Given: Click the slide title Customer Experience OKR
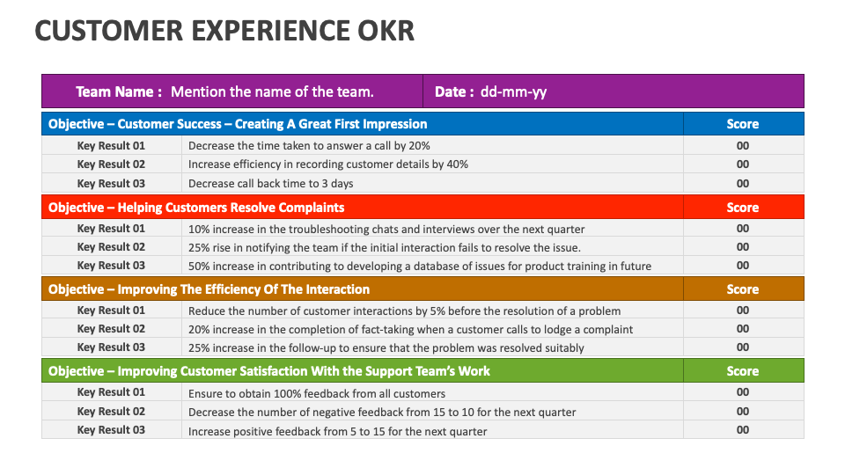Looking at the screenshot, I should click(x=224, y=31).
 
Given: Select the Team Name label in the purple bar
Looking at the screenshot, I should click(x=119, y=91).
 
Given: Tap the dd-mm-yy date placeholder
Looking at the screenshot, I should click(x=513, y=91).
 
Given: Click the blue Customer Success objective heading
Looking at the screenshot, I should click(x=238, y=124).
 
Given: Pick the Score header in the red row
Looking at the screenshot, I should click(x=742, y=208).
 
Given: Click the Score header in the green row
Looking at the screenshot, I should click(x=742, y=371).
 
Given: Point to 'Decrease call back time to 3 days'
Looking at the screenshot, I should click(x=271, y=184).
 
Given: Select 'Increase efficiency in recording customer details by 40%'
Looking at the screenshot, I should click(x=328, y=164).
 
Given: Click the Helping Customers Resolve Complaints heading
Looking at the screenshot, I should click(x=196, y=208).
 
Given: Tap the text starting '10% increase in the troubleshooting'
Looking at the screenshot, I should click(x=374, y=229).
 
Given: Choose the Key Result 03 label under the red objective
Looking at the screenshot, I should click(x=111, y=266).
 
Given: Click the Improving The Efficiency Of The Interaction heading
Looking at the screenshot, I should click(x=209, y=289).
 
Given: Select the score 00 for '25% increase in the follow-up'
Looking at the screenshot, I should click(x=743, y=347).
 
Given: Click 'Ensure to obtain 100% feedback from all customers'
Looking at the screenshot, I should click(x=317, y=393).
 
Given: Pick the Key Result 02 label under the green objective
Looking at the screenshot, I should click(x=111, y=412).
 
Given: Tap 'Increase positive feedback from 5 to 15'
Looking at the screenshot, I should click(x=337, y=431).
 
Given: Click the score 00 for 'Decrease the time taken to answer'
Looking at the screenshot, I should click(x=743, y=146).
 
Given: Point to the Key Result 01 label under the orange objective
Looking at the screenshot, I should click(x=111, y=311).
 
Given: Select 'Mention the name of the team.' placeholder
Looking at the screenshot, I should click(x=272, y=91).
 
